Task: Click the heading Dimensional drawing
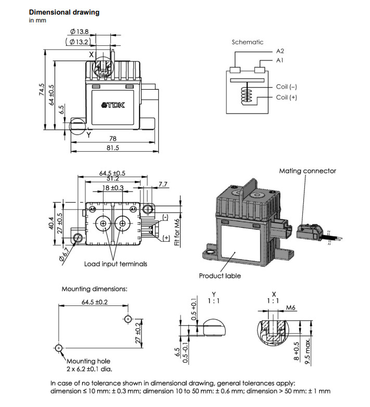(64, 12)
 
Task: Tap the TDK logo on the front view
(113, 105)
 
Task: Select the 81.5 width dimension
(113, 147)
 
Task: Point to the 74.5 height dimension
(42, 90)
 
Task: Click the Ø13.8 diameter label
(79, 32)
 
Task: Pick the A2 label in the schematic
(280, 51)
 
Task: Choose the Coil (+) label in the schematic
(286, 97)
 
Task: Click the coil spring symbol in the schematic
(247, 94)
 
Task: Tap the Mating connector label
(308, 171)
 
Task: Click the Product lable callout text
(220, 276)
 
